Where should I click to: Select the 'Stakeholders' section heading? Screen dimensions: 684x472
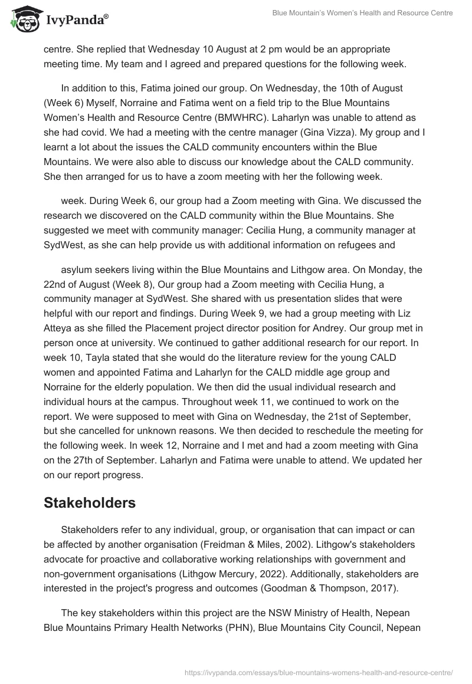click(x=90, y=502)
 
